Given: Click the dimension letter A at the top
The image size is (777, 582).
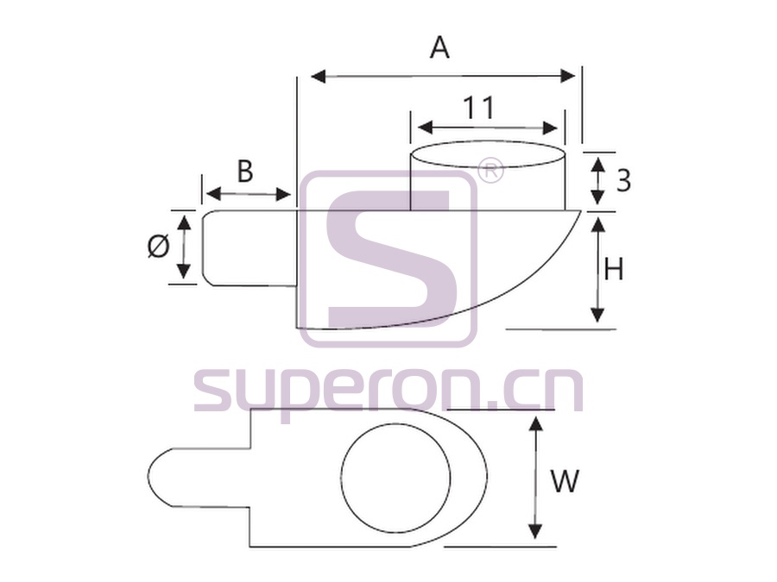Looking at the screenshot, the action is (440, 48).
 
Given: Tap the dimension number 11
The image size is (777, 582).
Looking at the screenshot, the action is (479, 108).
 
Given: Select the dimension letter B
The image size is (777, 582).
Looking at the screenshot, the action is (245, 172).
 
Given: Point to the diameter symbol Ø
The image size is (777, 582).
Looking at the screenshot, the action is (159, 247).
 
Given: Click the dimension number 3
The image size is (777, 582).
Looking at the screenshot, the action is (623, 180).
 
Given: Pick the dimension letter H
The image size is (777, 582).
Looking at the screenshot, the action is (614, 270).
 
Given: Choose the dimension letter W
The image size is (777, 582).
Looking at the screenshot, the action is (565, 480).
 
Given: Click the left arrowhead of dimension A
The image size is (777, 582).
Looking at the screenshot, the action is (319, 76).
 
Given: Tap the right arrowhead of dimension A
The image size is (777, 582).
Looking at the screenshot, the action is (567, 76).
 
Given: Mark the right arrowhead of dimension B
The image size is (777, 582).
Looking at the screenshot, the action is (282, 195).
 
